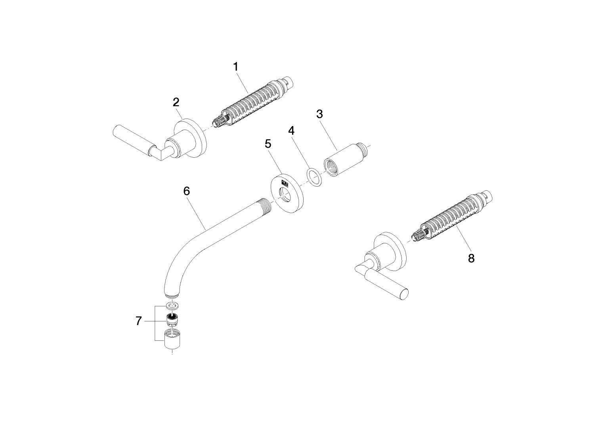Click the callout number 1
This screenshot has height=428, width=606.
pos(236,67)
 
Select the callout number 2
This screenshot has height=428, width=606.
pos(176,102)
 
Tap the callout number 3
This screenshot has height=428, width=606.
pos(319,114)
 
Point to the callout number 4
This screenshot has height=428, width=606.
pos(291,130)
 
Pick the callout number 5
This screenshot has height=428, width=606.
pos(268,144)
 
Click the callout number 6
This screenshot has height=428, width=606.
pos(187,191)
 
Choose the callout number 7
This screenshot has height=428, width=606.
pos(138,321)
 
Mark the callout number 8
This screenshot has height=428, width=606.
pos(471,258)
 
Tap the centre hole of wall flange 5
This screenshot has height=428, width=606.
pos(285,195)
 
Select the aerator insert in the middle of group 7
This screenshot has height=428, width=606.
pos(172,319)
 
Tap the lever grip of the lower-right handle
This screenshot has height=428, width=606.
pos(390,285)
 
